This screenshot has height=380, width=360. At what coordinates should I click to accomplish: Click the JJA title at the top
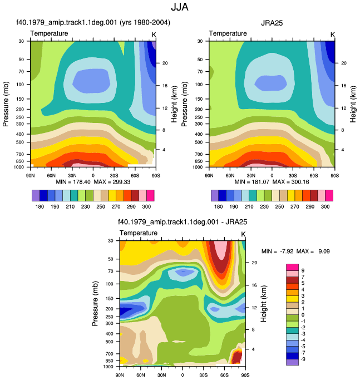point(179,7)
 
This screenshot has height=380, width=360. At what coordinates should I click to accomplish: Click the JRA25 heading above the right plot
point(272,23)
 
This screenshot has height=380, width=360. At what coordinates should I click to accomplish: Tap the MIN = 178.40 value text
point(73,182)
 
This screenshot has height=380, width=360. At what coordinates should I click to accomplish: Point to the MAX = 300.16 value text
point(290,182)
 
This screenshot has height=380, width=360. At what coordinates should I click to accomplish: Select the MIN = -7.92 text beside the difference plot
point(277,251)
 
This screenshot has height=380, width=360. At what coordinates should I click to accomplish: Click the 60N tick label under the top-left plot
point(51,175)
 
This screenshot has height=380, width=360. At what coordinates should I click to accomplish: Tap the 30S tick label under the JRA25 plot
point(293,175)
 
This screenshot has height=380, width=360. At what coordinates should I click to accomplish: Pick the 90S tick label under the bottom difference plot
point(245,375)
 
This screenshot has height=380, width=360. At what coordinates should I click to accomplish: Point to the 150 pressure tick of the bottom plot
point(109,298)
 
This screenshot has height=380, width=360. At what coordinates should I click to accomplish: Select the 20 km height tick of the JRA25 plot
point(344,63)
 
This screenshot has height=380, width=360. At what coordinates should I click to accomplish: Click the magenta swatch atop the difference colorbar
point(292,267)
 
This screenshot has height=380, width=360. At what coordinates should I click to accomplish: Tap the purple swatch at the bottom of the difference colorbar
point(292,362)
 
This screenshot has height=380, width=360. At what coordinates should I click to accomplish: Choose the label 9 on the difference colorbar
point(303,270)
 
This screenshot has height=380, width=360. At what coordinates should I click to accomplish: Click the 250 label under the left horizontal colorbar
point(101,206)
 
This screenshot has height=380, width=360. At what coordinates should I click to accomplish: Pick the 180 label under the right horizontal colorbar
point(219,206)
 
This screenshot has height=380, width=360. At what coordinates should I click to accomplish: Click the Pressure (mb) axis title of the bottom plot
point(95,304)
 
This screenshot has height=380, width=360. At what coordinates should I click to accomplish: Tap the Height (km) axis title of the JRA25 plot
point(353,104)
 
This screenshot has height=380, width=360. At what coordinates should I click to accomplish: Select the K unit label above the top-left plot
point(154,35)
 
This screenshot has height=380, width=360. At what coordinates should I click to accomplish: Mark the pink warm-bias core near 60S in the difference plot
point(221,250)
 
